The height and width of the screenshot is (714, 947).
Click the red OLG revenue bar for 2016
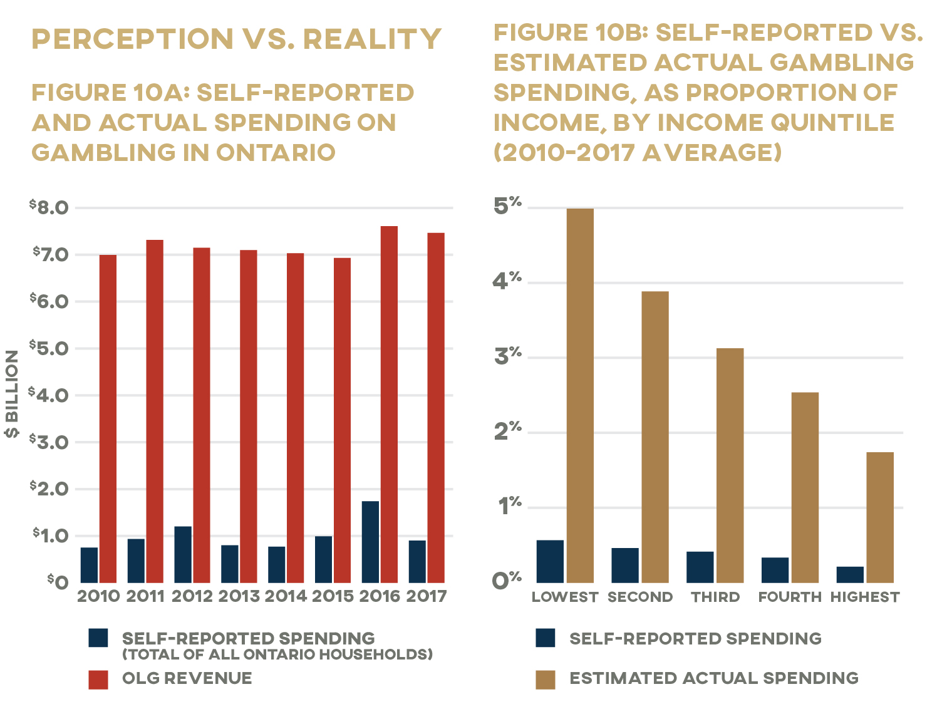389,405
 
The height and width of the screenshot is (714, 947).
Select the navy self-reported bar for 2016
370,542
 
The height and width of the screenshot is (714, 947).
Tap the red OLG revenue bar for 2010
108,418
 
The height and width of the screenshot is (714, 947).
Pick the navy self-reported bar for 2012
183,554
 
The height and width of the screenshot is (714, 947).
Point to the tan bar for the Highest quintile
880,517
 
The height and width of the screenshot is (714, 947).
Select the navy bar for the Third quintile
700,567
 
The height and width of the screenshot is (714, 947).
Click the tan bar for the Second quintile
655,437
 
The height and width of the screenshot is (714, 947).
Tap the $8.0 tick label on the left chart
49,207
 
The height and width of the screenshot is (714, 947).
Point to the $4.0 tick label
49,395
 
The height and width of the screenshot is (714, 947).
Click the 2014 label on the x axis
286,596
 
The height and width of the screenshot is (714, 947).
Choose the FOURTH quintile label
790,598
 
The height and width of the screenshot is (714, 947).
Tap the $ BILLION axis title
11,393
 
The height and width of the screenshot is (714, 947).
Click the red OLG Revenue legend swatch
98,680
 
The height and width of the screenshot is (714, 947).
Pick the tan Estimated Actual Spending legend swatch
546,680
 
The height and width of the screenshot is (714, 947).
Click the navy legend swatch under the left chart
98,638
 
